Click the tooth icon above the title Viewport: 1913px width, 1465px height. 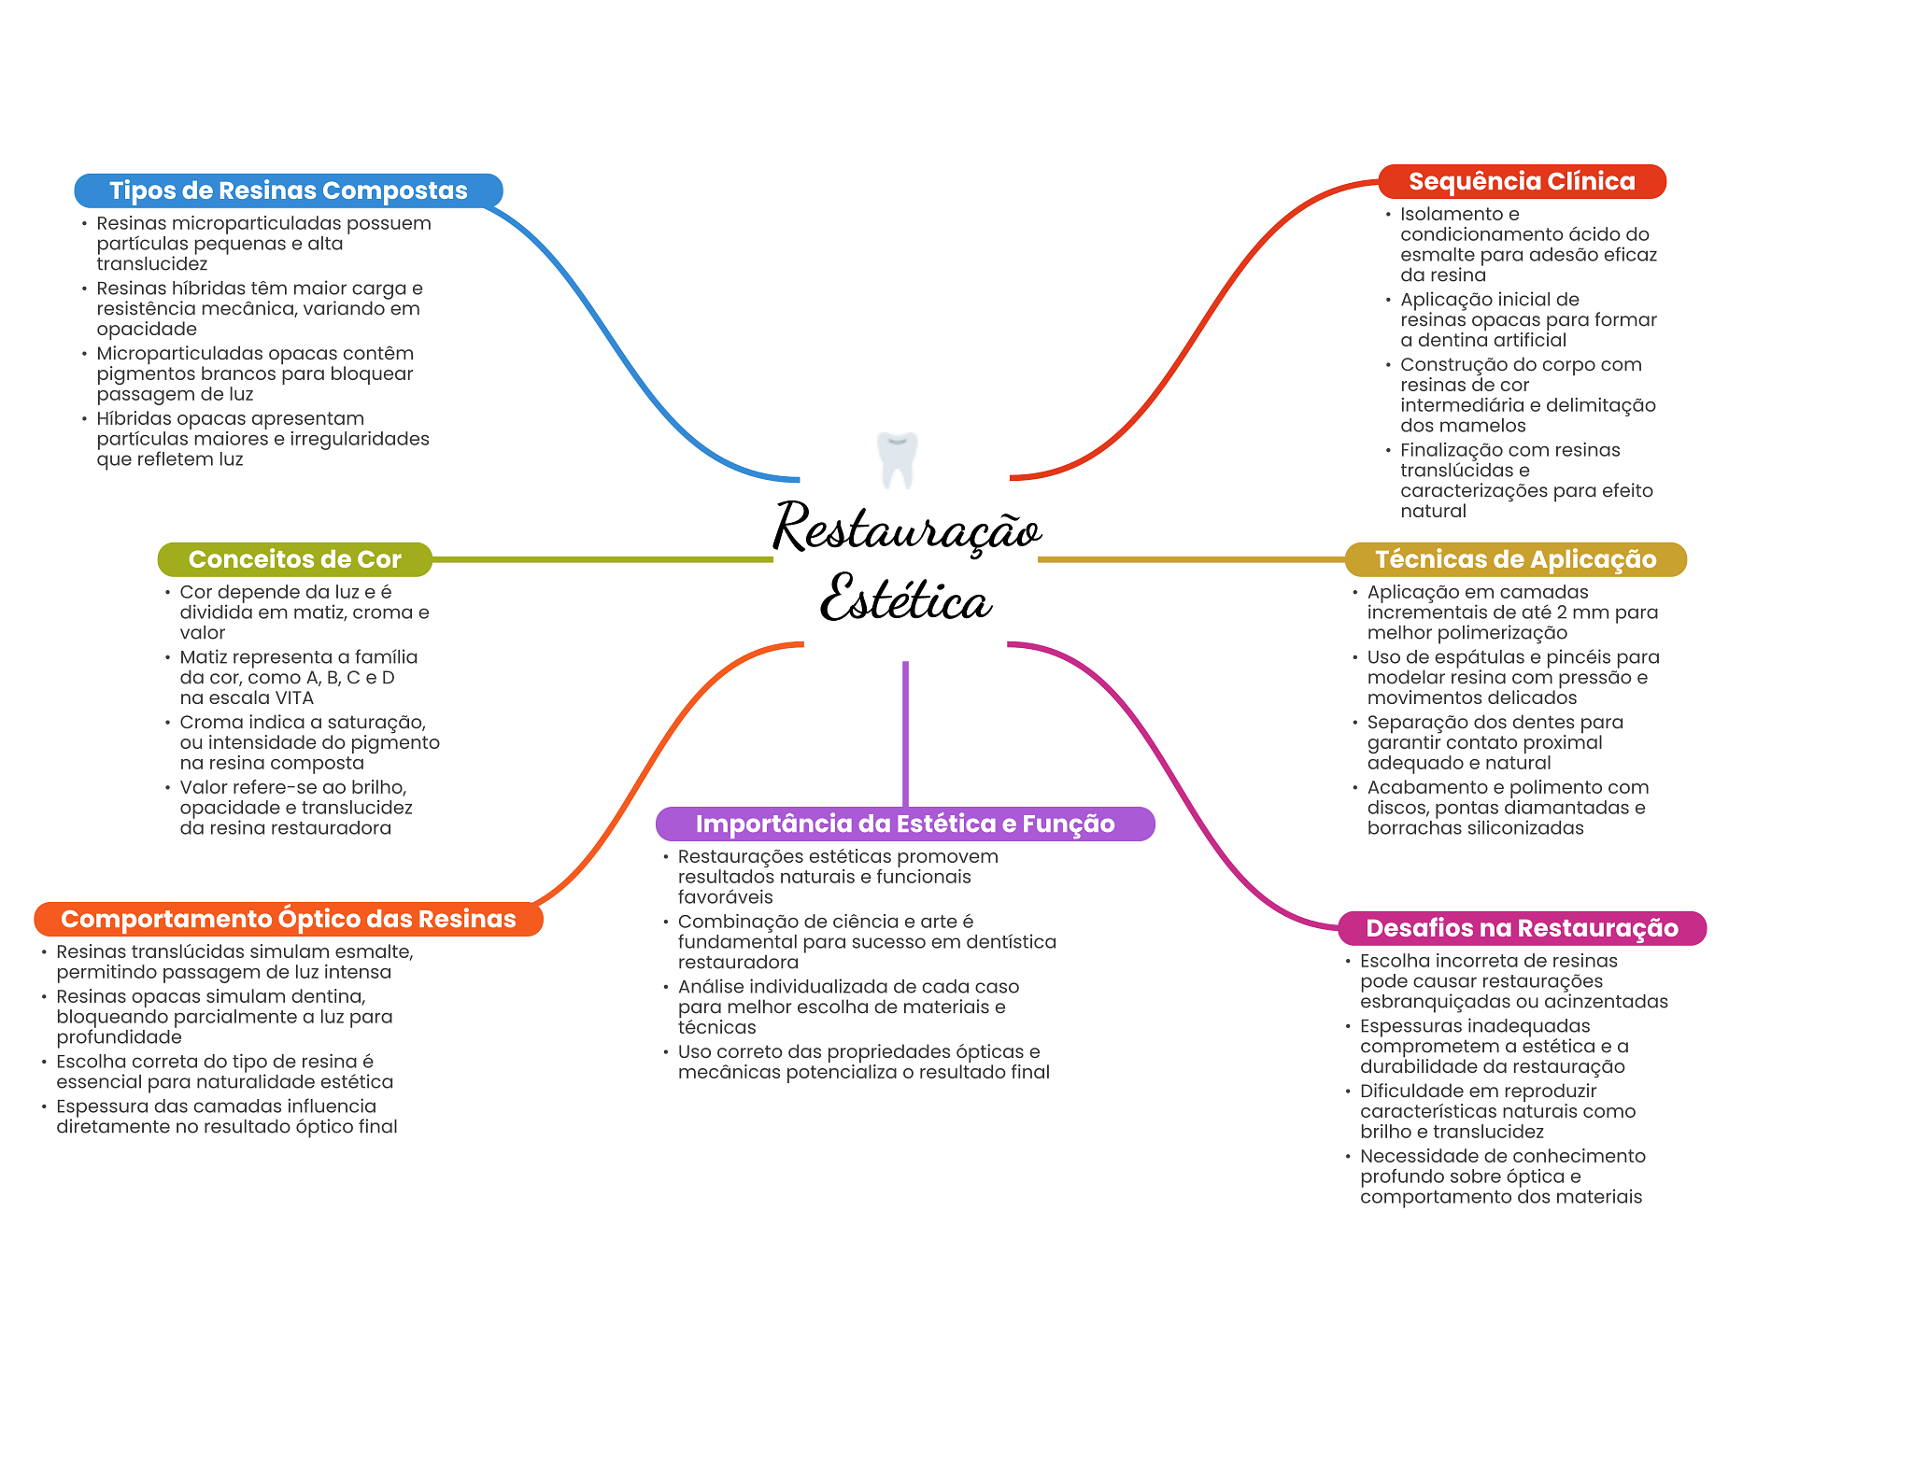(898, 458)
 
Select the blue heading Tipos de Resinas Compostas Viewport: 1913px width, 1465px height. (288, 190)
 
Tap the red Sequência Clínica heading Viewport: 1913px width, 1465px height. (1522, 181)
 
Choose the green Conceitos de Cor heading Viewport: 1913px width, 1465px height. (294, 559)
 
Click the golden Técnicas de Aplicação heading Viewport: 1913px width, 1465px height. (1515, 559)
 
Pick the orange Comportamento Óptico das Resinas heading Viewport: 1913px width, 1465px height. (288, 919)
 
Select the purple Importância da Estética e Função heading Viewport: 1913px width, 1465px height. (904, 824)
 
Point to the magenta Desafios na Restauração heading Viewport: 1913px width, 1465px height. (1522, 928)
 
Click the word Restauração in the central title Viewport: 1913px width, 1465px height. (906, 528)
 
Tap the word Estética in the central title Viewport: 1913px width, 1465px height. (905, 599)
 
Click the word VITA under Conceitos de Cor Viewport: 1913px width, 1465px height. (293, 698)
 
